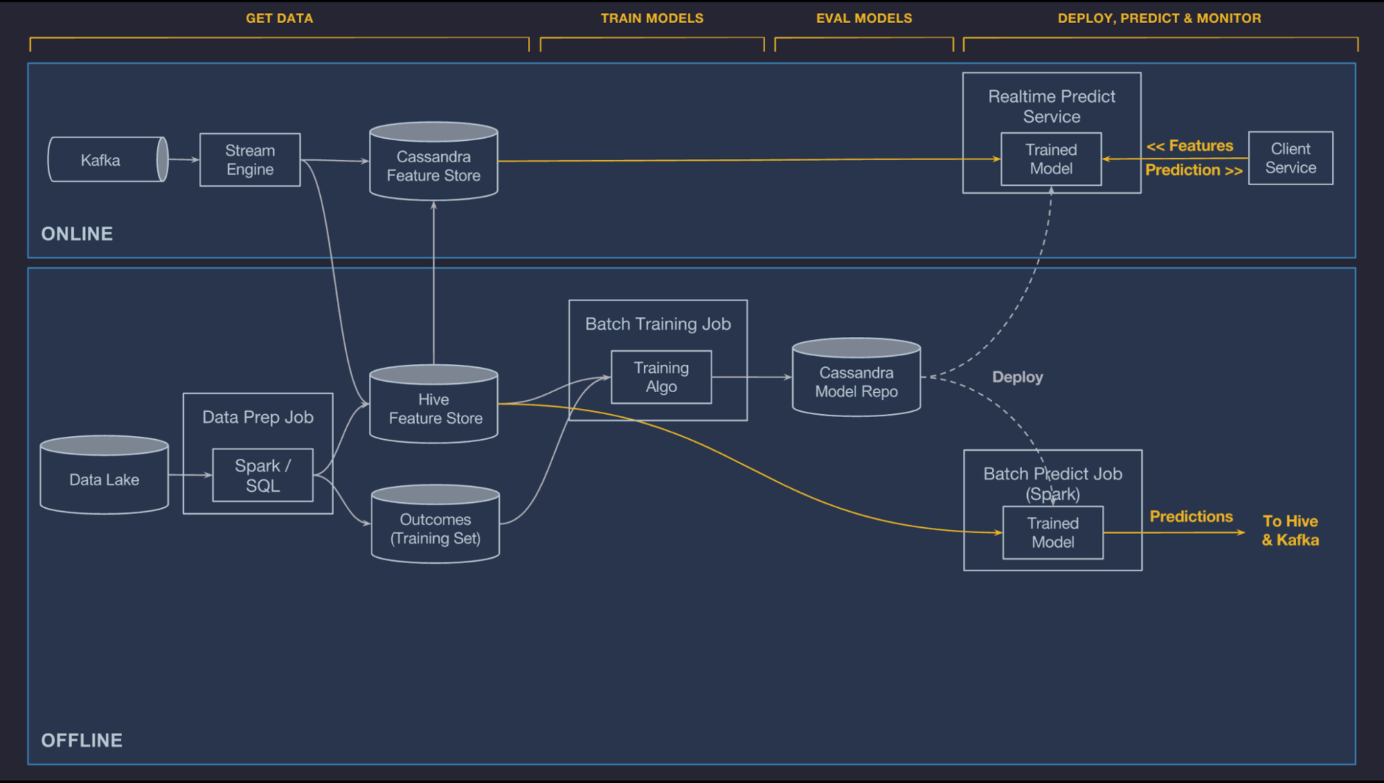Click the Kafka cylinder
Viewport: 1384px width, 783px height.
[104, 160]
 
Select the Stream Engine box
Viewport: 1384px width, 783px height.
[250, 160]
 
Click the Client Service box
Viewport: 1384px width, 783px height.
[1291, 159]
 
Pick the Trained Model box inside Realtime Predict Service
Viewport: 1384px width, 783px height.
[1051, 159]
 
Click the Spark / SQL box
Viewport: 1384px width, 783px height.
[263, 475]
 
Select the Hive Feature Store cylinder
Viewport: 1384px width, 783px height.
[434, 408]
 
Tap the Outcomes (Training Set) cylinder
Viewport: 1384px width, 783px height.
[435, 528]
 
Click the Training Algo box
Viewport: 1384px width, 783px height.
[661, 377]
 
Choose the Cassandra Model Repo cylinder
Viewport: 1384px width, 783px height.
[856, 381]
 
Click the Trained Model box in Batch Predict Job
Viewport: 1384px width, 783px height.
[1053, 532]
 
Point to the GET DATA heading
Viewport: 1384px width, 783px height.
[279, 19]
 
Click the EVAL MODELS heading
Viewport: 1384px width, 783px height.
[864, 19]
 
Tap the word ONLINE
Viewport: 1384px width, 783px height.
[77, 234]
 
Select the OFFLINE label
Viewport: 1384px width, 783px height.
[82, 740]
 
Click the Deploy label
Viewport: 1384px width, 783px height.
[1017, 377]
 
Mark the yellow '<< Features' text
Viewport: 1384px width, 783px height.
[1189, 146]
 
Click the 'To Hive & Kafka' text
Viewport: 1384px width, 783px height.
[1290, 530]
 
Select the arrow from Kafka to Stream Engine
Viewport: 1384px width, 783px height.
[183, 160]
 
